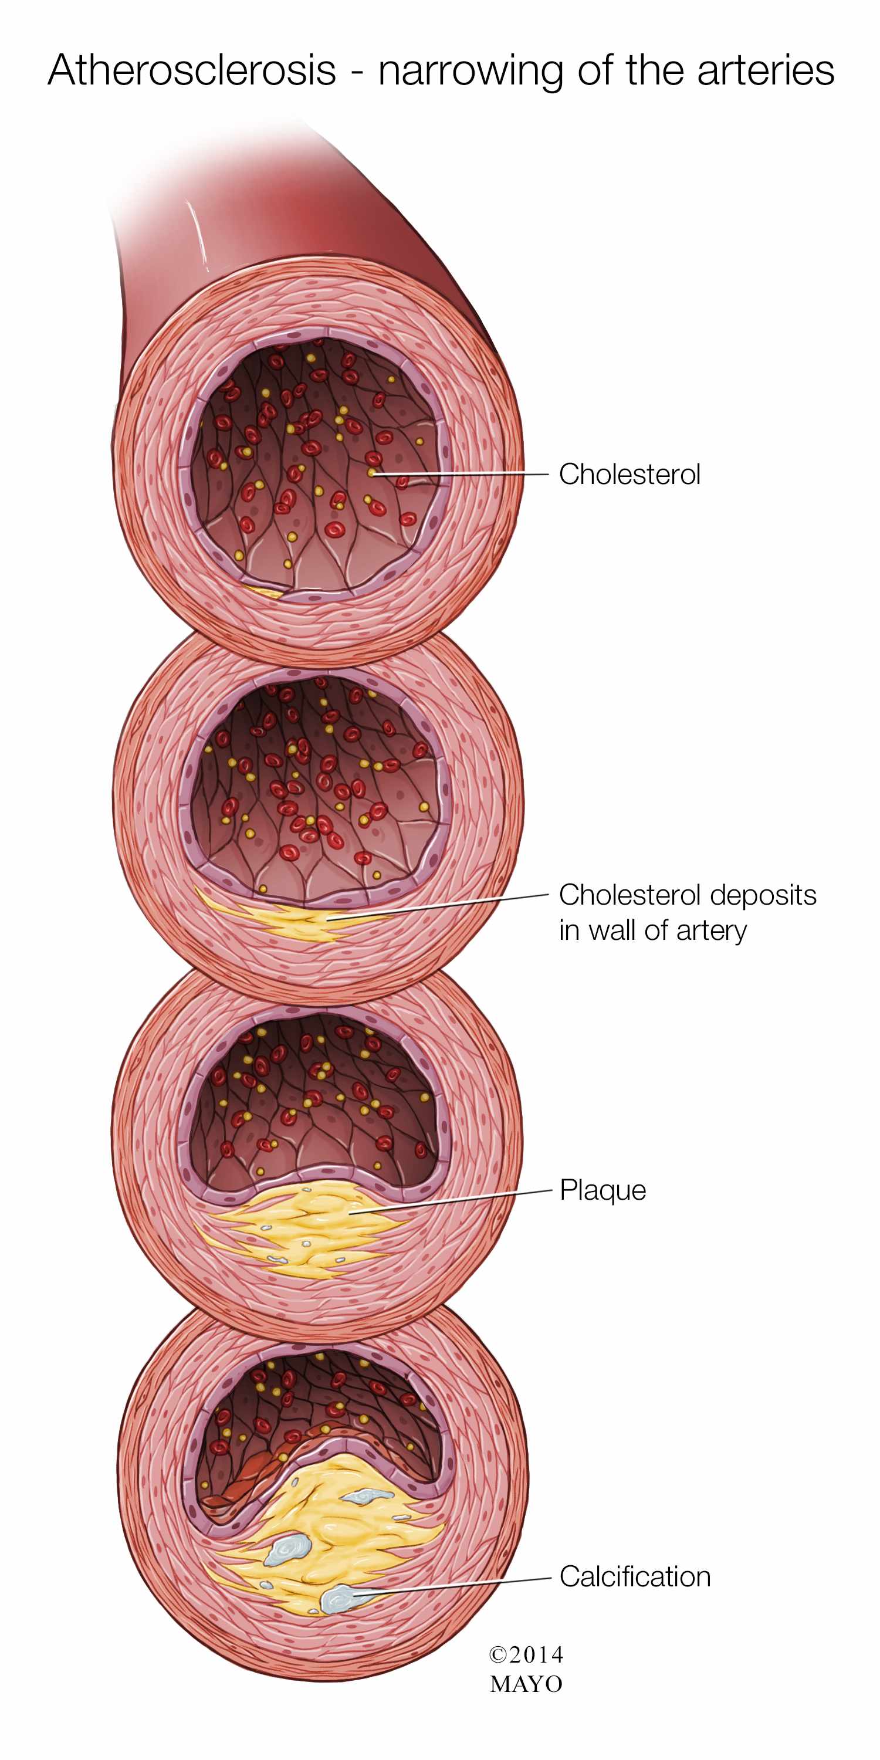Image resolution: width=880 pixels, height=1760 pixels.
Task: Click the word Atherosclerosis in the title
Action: (192, 70)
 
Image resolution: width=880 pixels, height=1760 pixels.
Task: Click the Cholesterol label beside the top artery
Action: (629, 474)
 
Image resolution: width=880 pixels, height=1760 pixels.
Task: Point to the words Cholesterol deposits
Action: (688, 895)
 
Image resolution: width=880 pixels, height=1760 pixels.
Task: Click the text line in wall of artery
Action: (653, 930)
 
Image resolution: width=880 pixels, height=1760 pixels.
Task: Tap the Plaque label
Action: (603, 1190)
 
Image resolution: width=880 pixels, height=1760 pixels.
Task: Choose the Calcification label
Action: (635, 1577)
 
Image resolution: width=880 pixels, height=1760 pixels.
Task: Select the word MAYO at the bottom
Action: (526, 1684)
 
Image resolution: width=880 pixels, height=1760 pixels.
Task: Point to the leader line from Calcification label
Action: (452, 1586)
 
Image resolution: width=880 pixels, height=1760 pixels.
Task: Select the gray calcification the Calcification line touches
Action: (339, 1599)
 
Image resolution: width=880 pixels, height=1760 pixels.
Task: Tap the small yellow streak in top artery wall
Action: (262, 590)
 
